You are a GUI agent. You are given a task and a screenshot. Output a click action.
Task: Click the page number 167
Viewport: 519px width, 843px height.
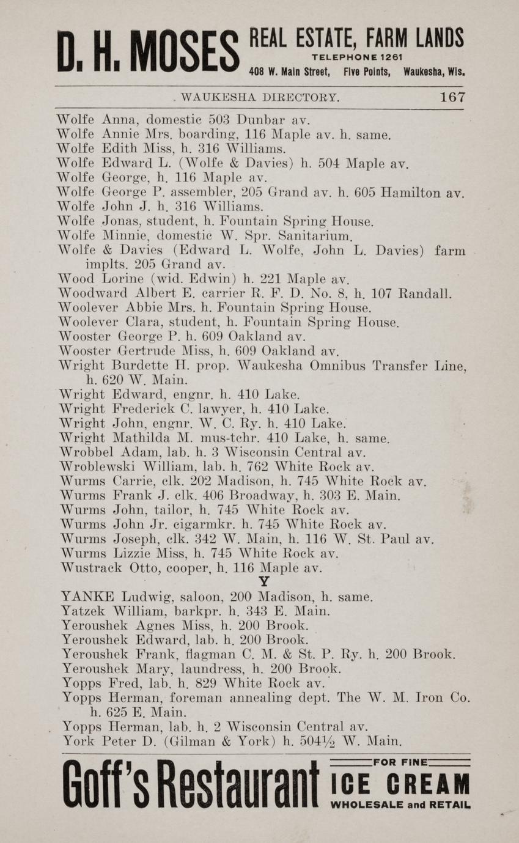pos(452,97)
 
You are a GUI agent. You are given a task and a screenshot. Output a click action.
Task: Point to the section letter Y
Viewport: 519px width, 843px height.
pos(263,583)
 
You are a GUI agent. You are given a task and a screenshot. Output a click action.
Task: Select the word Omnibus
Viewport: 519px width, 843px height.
pos(324,366)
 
